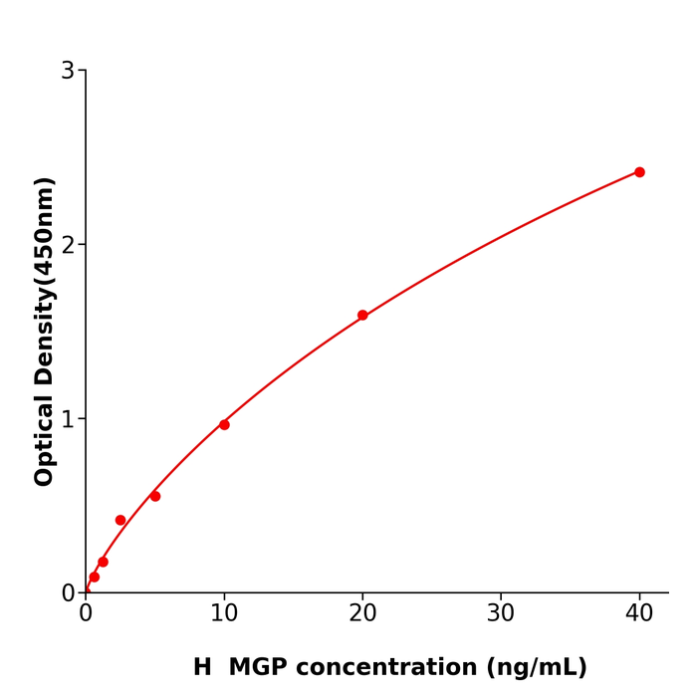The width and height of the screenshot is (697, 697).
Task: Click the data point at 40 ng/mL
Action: coord(639,172)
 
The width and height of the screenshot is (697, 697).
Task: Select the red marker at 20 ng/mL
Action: coord(362,316)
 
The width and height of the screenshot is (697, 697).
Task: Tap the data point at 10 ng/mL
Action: coord(224,425)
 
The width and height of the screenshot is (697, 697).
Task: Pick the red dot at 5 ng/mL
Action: coord(155,496)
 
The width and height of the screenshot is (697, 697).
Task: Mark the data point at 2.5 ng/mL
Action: coord(120,520)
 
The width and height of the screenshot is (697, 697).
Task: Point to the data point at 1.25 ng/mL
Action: coord(103,562)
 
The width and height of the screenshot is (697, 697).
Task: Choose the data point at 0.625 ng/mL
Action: coord(95,577)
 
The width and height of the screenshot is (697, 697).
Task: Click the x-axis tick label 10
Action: coord(224,614)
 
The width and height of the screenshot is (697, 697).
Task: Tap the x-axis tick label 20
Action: coord(362,614)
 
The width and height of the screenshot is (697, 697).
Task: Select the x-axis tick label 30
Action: coord(501,614)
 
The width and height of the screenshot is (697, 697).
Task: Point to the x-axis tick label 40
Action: coord(639,614)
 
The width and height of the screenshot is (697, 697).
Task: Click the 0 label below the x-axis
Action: coord(86,614)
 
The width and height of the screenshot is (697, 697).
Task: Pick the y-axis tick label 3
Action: coord(68,71)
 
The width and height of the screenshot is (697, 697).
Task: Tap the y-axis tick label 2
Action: coord(68,245)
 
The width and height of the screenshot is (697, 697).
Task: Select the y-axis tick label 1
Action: coord(68,419)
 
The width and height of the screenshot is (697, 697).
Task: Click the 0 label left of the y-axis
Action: coord(68,593)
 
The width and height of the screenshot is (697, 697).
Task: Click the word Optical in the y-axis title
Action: coord(44,441)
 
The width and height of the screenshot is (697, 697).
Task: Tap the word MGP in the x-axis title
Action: coord(263,667)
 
